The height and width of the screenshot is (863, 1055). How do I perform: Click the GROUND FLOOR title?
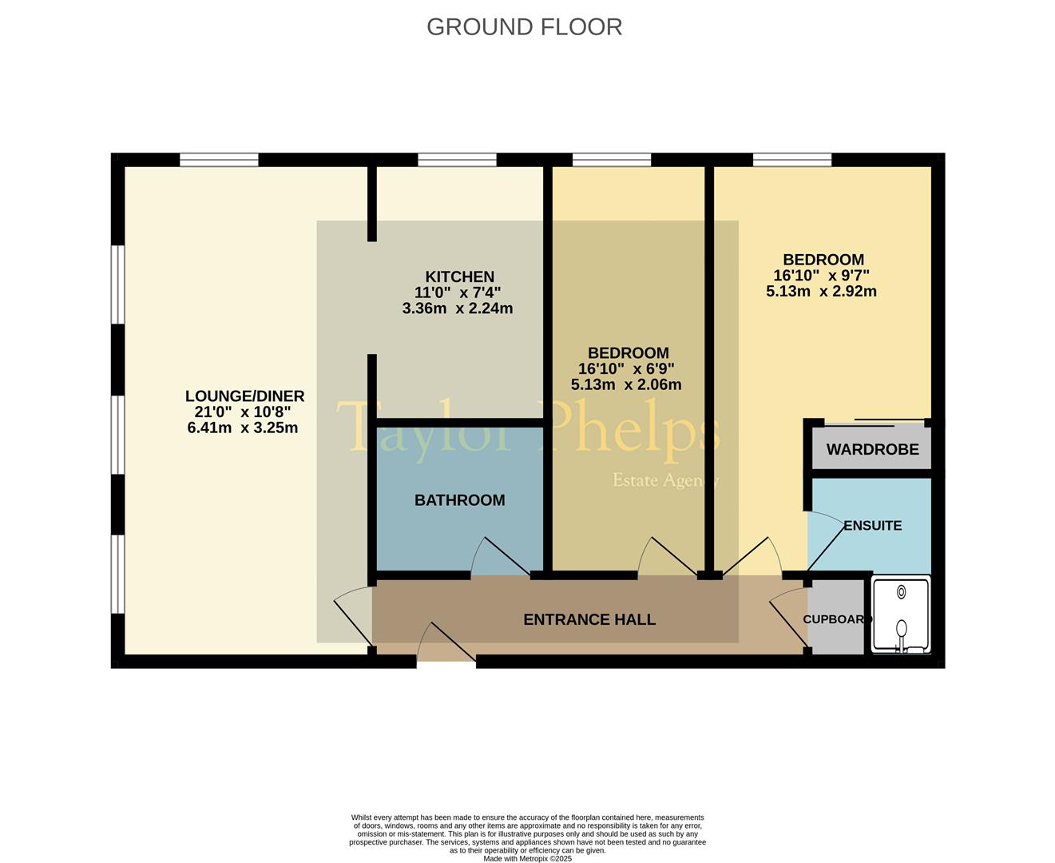[524, 27]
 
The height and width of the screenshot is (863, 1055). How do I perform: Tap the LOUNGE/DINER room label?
[244, 396]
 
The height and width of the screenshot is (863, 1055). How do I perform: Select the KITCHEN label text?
[460, 276]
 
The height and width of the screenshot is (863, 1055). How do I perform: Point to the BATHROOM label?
[460, 500]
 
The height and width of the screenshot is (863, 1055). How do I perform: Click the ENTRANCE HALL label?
[589, 620]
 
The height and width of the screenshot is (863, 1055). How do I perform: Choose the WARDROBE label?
[872, 450]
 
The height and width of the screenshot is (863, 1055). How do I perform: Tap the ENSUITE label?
[873, 526]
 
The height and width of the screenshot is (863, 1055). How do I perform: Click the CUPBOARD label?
[838, 619]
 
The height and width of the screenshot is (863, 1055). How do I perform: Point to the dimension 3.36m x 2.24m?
[458, 308]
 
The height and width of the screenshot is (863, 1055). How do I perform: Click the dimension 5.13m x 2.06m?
[626, 384]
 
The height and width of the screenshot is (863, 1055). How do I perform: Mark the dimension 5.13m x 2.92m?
[821, 292]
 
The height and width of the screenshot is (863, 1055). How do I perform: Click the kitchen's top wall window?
[457, 160]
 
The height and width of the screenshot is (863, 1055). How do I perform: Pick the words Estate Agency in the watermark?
[667, 480]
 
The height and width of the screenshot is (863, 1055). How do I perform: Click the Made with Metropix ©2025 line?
[527, 858]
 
